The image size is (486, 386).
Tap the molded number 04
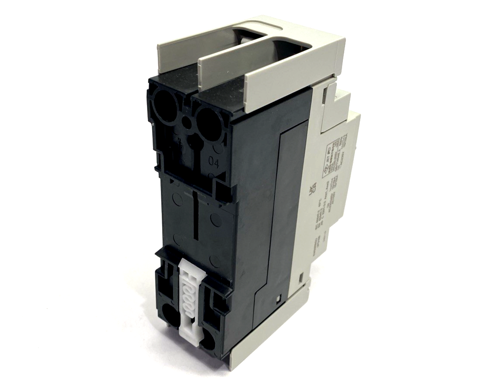(x=214, y=163)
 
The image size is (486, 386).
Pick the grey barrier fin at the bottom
(x=269, y=329)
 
